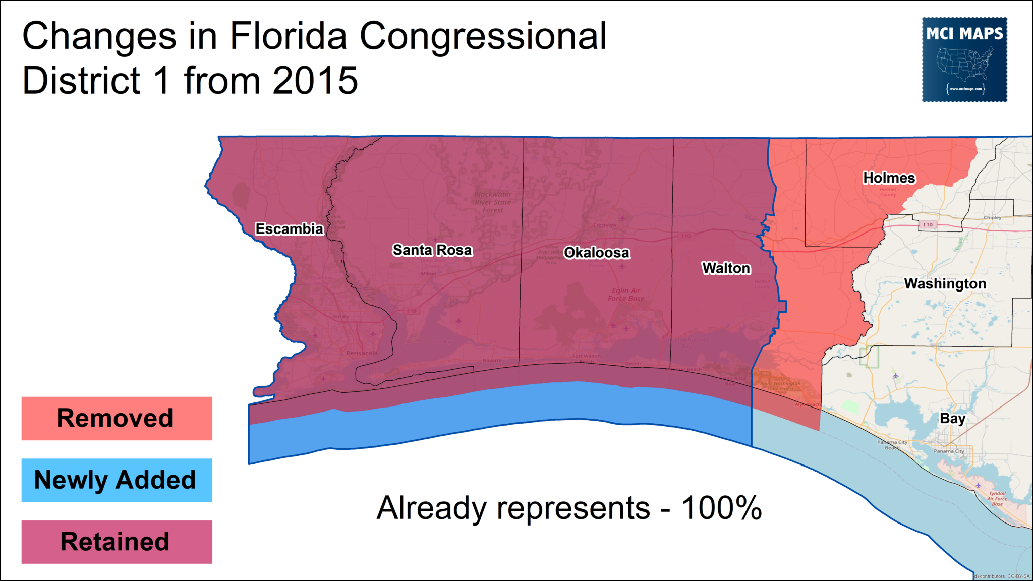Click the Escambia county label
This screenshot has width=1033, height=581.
289,229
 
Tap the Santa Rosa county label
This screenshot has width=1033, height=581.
432,250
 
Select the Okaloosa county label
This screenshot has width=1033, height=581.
597,253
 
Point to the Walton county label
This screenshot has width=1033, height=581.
726,268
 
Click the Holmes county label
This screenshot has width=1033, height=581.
889,178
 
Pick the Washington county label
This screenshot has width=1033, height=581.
945,284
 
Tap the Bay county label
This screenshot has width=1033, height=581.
952,419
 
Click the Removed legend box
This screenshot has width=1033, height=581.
117,419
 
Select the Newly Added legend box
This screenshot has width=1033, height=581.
117,480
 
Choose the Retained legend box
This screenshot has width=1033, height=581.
117,542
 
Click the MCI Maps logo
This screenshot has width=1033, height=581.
964,60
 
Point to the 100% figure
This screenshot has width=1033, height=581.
721,508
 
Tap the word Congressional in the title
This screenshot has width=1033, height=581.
483,36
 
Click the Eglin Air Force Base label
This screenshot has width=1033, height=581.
626,295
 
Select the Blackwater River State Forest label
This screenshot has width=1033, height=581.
493,202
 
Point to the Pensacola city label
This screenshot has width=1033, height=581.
362,353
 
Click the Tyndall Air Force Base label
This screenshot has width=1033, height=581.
997,499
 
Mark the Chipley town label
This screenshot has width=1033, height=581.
992,218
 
